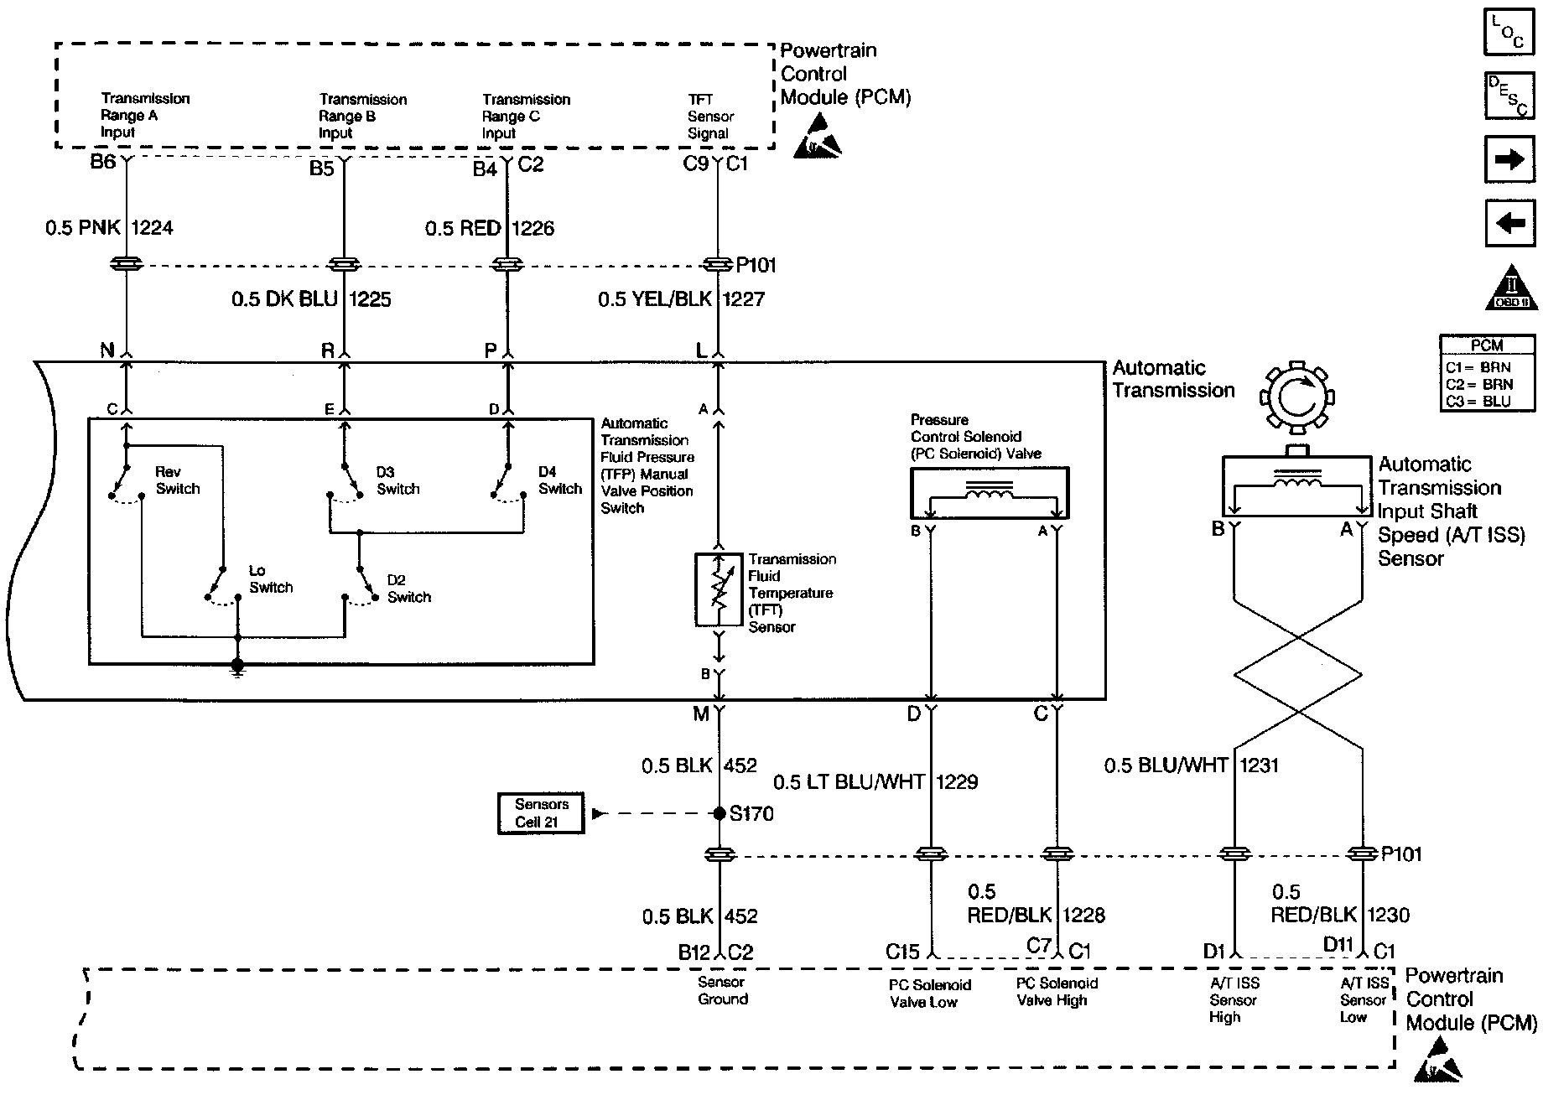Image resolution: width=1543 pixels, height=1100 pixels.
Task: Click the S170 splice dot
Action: click(719, 813)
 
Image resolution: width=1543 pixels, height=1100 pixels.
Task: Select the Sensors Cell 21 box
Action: click(541, 813)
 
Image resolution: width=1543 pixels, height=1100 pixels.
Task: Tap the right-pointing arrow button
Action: click(1509, 158)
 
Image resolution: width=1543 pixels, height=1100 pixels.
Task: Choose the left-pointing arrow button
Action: click(1509, 223)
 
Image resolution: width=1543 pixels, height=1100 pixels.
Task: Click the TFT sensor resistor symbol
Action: click(719, 589)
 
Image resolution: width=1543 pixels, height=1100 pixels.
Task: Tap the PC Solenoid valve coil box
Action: click(990, 493)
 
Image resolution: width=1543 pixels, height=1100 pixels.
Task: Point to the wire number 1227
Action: click(743, 299)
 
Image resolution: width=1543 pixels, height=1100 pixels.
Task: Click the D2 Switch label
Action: click(408, 589)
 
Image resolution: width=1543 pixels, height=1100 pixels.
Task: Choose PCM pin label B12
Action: click(694, 952)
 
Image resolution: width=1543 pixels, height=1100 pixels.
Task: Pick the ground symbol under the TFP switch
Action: click(237, 667)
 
